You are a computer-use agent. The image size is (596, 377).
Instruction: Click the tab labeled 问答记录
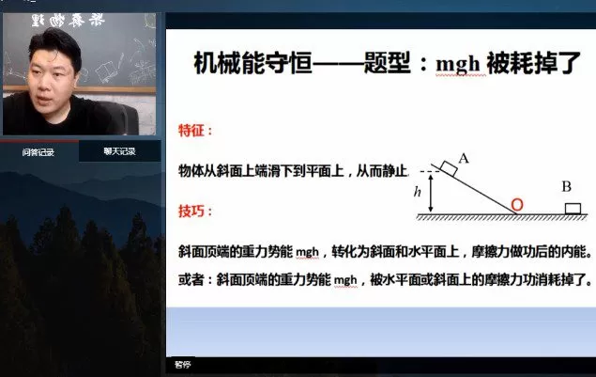tap(38, 151)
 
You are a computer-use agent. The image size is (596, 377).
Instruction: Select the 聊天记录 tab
tap(119, 151)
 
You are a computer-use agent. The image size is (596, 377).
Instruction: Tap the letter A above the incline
tap(463, 157)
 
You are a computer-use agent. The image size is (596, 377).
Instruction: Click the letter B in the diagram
tap(566, 186)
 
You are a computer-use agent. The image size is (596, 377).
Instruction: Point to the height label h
tap(418, 194)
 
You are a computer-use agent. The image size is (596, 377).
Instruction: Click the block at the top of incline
tap(449, 170)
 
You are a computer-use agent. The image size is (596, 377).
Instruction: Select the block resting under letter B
tap(571, 207)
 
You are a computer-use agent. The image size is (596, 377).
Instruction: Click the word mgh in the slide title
tap(457, 64)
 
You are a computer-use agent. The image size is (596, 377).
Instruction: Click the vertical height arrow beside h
tap(431, 193)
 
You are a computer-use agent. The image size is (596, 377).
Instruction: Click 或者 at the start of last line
tap(191, 279)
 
